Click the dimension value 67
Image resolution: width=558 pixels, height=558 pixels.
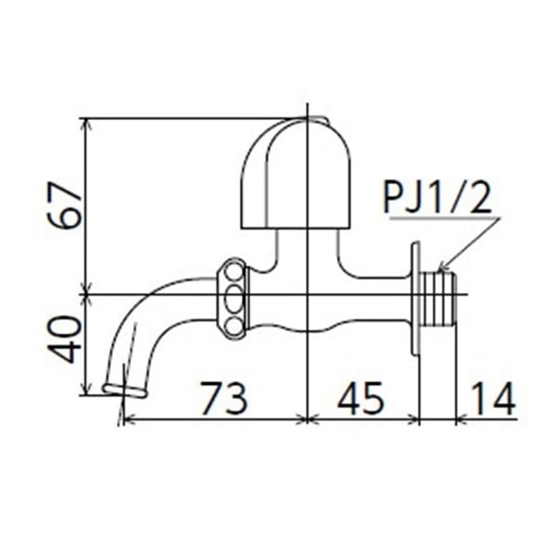pos(66,206)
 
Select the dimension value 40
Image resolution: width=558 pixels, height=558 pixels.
pos(66,340)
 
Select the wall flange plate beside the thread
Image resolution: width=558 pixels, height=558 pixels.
pos(416,298)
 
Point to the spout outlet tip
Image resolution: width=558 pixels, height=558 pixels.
pos(125,389)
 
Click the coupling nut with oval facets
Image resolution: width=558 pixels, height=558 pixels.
pos(233,299)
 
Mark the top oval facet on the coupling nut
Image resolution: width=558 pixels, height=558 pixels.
pos(235,271)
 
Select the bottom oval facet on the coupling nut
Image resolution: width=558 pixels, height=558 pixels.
pos(235,326)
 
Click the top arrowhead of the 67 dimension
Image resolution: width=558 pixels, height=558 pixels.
pos(86,123)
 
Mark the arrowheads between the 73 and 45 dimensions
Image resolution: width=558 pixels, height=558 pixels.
pos(308,419)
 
